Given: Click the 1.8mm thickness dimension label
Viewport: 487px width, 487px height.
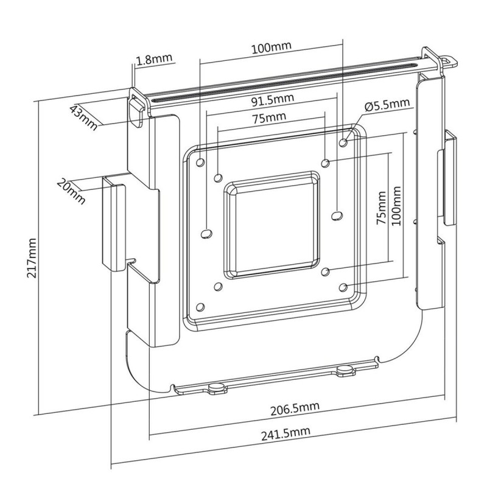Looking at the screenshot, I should [155, 60].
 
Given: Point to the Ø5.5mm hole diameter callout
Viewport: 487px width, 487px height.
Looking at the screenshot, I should [387, 105].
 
